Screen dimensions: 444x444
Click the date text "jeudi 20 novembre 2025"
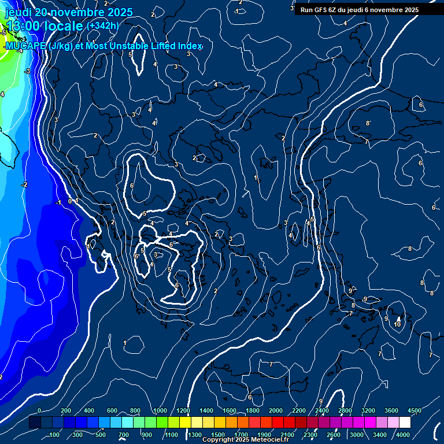pyautogui.click(x=68, y=12)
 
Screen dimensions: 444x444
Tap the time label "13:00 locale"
pyautogui.click(x=44, y=26)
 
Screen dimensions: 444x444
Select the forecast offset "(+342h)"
pyautogui.click(x=102, y=26)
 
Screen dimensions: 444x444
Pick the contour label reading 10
pyautogui.click(x=397, y=324)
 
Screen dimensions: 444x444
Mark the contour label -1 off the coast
pyautogui.click(x=58, y=203)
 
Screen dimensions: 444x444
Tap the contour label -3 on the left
pyautogui.click(x=27, y=71)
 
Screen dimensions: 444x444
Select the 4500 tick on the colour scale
pyautogui.click(x=415, y=410)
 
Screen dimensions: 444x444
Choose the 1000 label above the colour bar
pyautogui.click(x=160, y=410)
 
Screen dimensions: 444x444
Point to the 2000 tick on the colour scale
pyautogui.click(x=276, y=410)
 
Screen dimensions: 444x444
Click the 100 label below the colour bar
pyautogui.click(x=55, y=435)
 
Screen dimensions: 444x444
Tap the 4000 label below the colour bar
pyautogui.click(x=404, y=435)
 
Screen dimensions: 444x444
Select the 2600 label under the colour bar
pyautogui.click(x=334, y=435)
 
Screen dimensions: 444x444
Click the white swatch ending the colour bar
pyautogui.click(x=405, y=423)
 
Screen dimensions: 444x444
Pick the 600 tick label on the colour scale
pyautogui.click(x=112, y=410)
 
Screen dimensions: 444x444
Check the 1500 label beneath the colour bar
pyautogui.click(x=218, y=435)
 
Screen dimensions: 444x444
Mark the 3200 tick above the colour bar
pyautogui.click(x=368, y=410)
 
